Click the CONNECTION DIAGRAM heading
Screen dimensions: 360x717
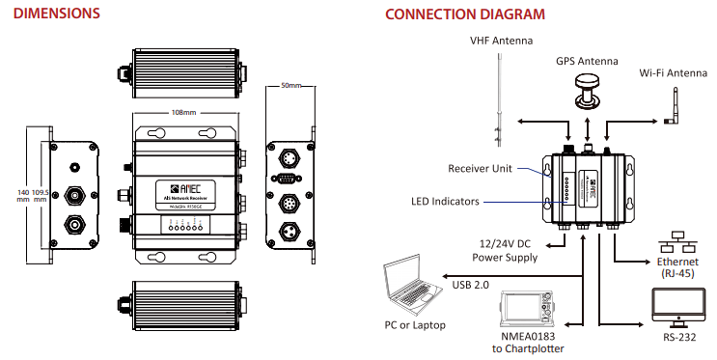click(463, 15)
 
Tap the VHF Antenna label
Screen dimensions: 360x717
click(502, 41)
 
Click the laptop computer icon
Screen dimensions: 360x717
click(413, 286)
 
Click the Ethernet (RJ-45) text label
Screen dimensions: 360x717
click(677, 267)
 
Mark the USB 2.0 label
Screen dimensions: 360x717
click(471, 286)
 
